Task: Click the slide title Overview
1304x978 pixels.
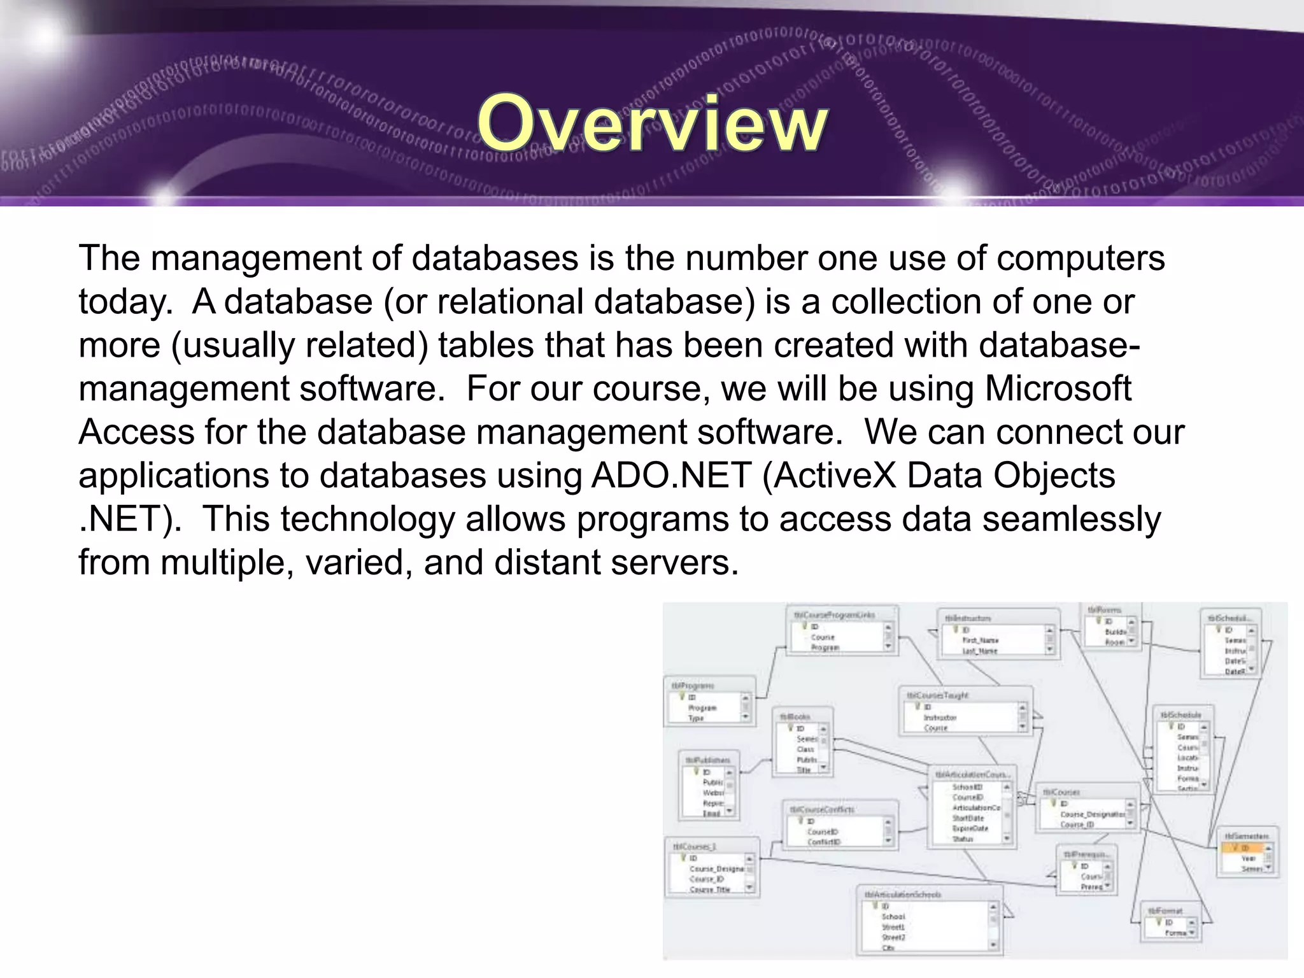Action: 653,124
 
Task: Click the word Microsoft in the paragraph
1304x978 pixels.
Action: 1058,388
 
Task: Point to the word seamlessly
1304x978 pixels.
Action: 1072,519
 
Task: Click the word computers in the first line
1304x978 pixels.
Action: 1081,259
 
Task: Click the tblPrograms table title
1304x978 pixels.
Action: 693,686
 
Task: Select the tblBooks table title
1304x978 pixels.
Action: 795,717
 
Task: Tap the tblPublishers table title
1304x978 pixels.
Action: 707,760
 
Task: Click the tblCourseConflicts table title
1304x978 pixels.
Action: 823,809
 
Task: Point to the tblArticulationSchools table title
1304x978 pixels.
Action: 903,895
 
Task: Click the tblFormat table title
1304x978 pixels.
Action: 1165,911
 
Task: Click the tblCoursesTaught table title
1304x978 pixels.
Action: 938,696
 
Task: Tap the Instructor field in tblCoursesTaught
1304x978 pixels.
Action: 940,718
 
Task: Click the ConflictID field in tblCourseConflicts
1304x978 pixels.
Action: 824,842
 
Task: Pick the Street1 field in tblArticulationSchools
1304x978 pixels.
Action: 893,927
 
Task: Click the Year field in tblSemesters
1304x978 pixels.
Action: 1248,858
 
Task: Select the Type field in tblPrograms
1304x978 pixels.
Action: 696,718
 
